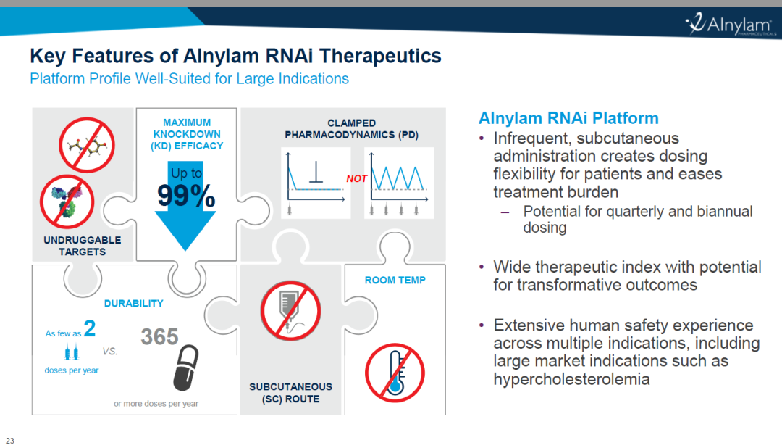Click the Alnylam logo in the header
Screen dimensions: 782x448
point(731,23)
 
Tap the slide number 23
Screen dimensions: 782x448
point(10,441)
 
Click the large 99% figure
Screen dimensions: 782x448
point(186,195)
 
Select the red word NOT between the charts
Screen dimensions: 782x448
point(356,178)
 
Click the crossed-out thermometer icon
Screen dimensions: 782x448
point(395,373)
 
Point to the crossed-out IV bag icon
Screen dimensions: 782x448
point(290,311)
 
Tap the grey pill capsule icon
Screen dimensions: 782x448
point(185,367)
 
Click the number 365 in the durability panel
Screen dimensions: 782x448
point(159,336)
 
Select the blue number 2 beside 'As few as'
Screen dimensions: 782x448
point(90,328)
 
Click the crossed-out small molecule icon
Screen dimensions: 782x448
point(87,145)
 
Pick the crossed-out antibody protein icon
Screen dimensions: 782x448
point(67,202)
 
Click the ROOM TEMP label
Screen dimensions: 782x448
point(395,281)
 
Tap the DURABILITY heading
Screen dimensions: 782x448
point(134,303)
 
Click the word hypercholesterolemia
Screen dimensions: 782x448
point(571,379)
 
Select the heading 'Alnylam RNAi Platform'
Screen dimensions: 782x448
point(568,118)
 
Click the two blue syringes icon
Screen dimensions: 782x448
point(71,352)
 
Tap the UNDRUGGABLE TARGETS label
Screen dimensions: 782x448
point(83,246)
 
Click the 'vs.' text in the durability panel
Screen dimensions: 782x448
point(110,351)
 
